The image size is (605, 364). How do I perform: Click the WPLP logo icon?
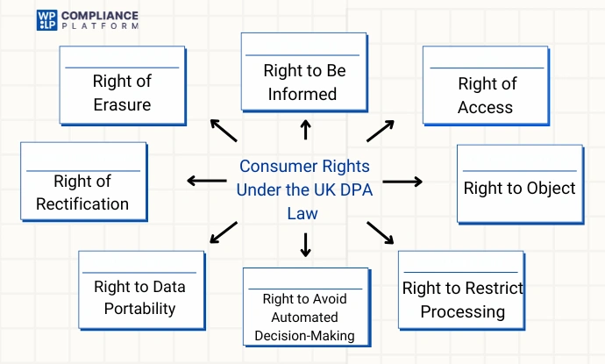(x=46, y=20)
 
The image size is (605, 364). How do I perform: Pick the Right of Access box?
(x=486, y=89)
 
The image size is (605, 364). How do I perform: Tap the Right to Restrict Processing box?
(x=462, y=295)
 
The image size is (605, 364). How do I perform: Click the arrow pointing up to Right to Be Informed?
(x=305, y=131)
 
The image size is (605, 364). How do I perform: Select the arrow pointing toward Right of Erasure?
(x=224, y=130)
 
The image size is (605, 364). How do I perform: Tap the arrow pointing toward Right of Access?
(x=381, y=130)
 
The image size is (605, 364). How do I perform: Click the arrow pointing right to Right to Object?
(x=402, y=182)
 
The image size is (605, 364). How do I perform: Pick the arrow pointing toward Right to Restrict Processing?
(x=381, y=232)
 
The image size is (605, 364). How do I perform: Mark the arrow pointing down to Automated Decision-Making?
(x=305, y=245)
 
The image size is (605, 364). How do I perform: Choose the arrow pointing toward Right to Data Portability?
(x=224, y=232)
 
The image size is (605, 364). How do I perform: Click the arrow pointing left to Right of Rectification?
(x=206, y=182)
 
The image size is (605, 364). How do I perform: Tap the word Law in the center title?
(x=304, y=213)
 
